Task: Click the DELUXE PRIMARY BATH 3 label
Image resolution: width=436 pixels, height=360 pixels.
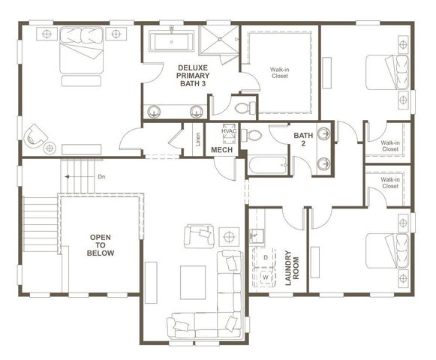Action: click(194, 76)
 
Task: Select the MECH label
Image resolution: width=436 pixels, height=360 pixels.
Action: click(221, 151)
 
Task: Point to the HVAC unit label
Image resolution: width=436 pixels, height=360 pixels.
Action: click(229, 131)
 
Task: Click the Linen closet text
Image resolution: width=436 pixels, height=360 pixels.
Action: click(197, 139)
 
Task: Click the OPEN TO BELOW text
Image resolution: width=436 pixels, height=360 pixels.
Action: click(101, 245)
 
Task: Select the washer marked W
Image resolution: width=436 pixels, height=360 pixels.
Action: click(265, 276)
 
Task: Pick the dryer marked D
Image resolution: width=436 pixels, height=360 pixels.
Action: click(265, 257)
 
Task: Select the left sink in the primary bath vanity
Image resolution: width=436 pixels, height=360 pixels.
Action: click(155, 111)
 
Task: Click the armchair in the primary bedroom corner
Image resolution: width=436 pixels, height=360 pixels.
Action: click(35, 136)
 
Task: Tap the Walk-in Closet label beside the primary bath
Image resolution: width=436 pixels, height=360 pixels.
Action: click(279, 73)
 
